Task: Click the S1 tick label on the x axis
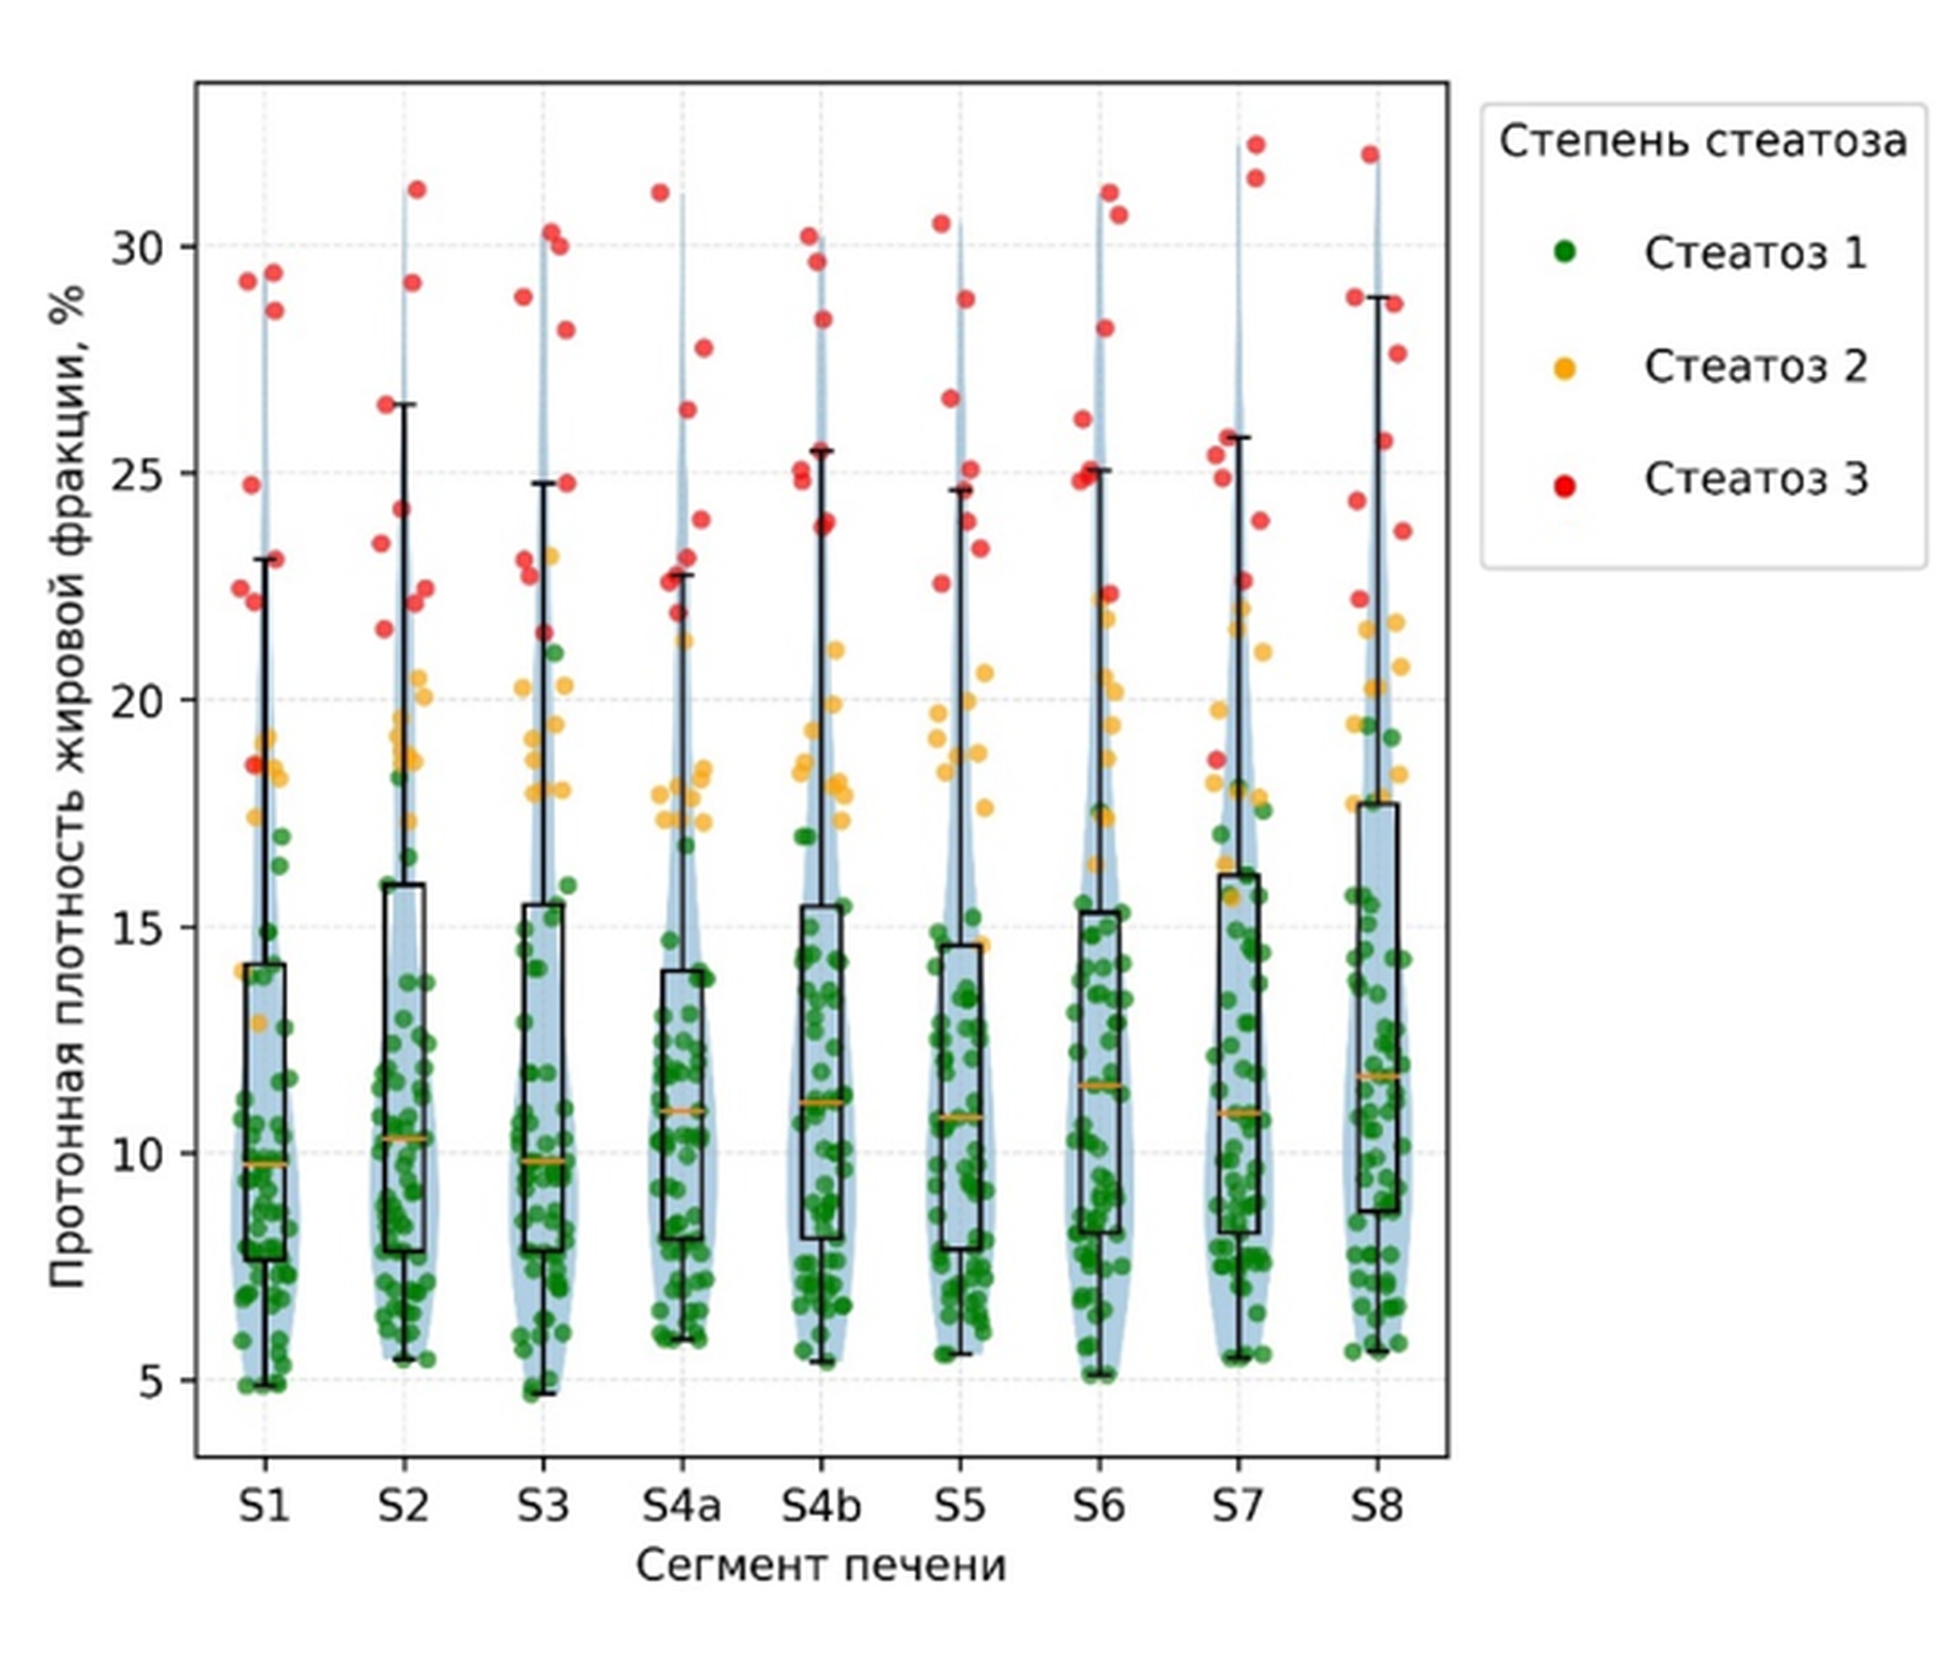coord(264,1506)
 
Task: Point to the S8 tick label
coord(1377,1506)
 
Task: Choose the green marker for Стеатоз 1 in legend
coord(1564,251)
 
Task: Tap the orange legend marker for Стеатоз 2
coord(1564,369)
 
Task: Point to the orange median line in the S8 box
coord(1377,1076)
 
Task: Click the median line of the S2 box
coord(404,1138)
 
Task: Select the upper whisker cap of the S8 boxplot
coord(1377,297)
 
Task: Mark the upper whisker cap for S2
coord(404,404)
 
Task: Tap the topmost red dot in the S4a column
coord(660,192)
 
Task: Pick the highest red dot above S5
coord(941,223)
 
